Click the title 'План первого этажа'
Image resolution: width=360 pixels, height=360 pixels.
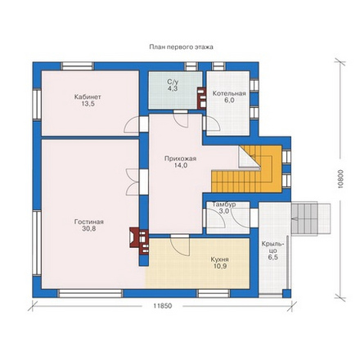[x=181, y=47]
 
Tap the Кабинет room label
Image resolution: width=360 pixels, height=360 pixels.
[x=88, y=97]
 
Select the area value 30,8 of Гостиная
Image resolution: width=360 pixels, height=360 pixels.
[x=89, y=229]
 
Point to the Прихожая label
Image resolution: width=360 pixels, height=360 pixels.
[x=180, y=159]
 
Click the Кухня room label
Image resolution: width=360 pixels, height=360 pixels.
[x=219, y=259]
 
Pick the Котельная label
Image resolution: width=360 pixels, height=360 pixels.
[x=229, y=93]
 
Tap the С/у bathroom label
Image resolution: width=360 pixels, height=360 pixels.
[x=173, y=82]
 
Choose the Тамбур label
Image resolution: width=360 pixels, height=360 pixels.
[x=224, y=205]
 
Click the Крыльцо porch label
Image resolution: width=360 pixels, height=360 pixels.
[x=272, y=247]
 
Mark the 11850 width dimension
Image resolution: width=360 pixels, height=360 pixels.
[x=162, y=306]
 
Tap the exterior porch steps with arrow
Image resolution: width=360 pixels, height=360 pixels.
[x=311, y=218]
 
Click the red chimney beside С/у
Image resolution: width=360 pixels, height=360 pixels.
[x=201, y=98]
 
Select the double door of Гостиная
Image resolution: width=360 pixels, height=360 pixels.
[x=133, y=182]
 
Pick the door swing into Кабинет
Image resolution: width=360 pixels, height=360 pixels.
[x=132, y=124]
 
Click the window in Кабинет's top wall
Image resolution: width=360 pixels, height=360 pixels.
[x=77, y=66]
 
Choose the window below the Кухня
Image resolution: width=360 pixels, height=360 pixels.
[x=214, y=294]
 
